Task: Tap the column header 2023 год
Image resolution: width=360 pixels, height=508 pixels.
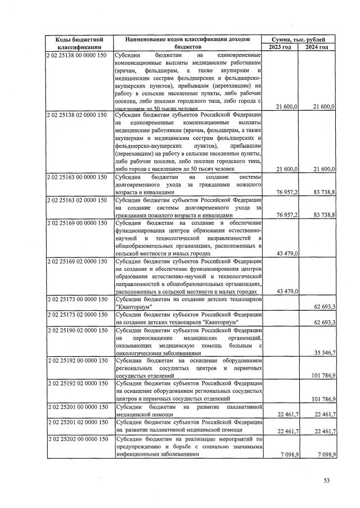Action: coord(280,47)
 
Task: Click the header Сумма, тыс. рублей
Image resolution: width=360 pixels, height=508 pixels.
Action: coord(298,39)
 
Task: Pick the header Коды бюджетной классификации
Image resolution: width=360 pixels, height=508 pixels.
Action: coord(79,43)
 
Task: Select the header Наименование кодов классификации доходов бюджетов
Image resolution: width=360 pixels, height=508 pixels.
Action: coord(188,43)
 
